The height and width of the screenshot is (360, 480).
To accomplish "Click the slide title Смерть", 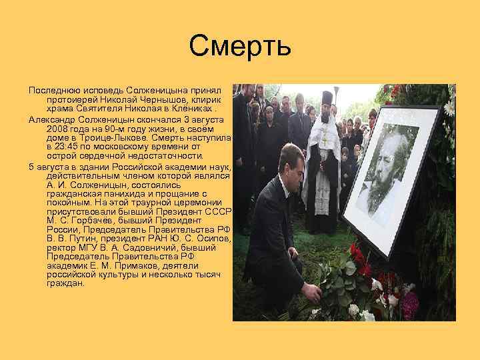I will tap(240, 46).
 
